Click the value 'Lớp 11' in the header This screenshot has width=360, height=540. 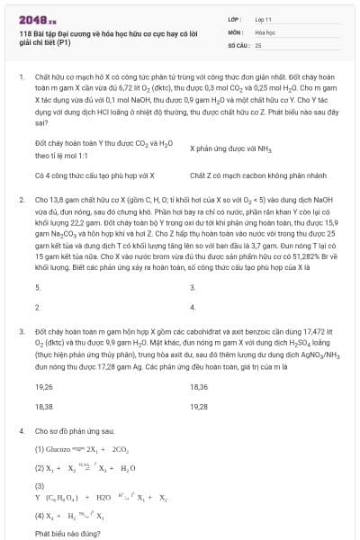point(265,18)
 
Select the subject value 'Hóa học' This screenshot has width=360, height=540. point(265,31)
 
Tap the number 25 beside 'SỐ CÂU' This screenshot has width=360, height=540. point(258,43)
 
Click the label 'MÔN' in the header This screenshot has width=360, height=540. point(237,31)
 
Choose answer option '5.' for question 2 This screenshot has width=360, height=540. point(38,287)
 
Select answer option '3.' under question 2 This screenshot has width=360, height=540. point(193,287)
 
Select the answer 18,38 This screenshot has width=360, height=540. point(44,406)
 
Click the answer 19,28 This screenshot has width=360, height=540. point(199,406)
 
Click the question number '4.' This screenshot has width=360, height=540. point(22,431)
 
